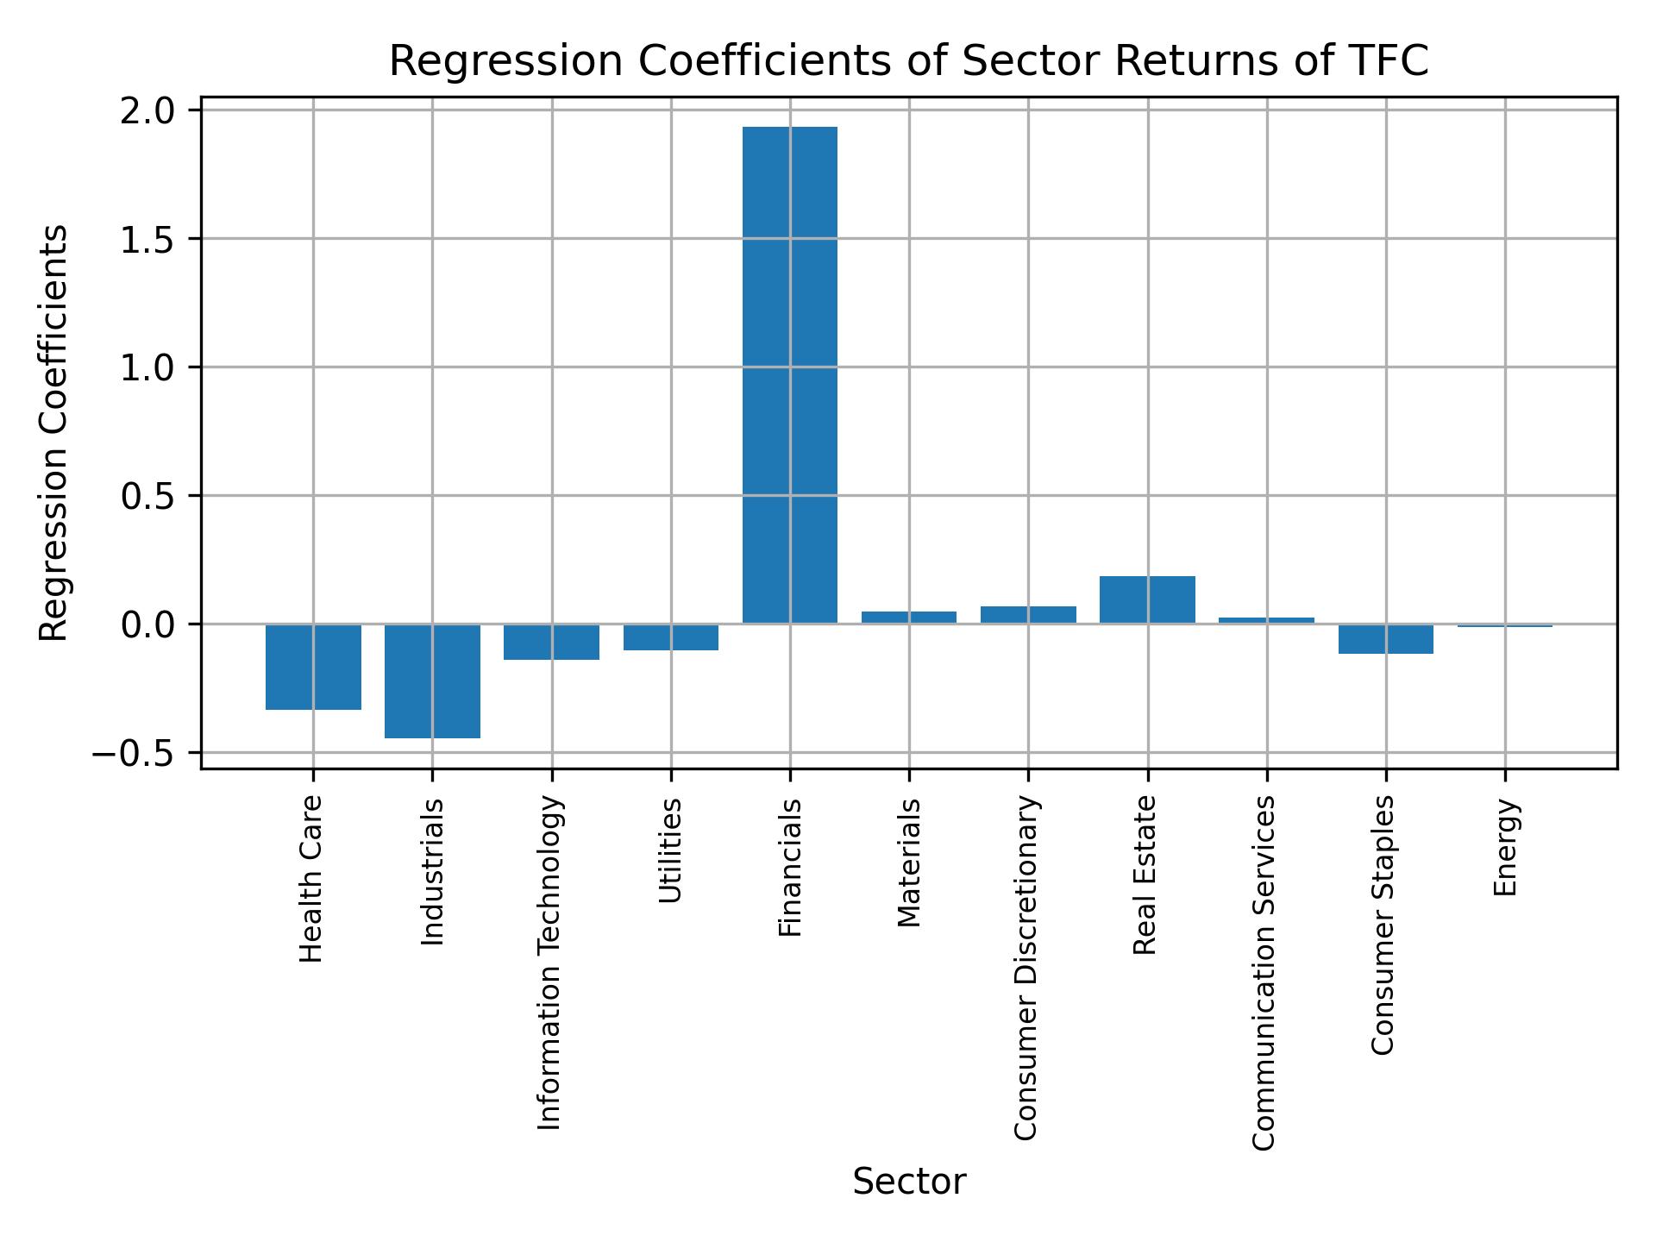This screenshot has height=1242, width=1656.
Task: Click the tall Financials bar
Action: [789, 375]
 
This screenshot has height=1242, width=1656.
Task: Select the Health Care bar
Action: [313, 667]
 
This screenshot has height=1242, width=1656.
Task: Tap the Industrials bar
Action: [432, 681]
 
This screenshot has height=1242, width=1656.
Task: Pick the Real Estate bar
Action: [1147, 599]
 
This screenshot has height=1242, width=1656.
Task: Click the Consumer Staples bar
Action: [1385, 639]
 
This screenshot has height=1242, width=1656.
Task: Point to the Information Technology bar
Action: [551, 642]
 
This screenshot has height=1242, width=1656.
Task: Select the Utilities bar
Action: [670, 637]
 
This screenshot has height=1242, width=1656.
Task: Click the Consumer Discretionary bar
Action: [1028, 615]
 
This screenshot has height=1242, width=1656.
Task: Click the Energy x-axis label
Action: [1505, 848]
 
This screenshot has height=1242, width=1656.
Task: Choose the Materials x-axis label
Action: [909, 862]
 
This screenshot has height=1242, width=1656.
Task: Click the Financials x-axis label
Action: [790, 868]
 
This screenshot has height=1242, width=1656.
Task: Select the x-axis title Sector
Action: [909, 1182]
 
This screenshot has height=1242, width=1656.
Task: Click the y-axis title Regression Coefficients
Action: [54, 433]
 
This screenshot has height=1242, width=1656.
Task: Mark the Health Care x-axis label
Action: [311, 879]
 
